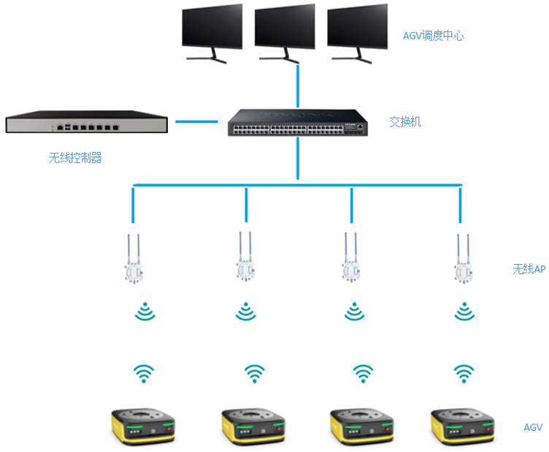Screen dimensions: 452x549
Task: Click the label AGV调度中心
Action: point(433,35)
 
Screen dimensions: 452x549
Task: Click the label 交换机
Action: point(405,121)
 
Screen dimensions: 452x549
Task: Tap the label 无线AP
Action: point(529,269)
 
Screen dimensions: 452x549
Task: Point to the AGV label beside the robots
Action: point(533,427)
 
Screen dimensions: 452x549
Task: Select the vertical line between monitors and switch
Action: point(297,85)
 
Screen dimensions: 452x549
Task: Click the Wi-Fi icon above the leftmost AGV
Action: point(145,374)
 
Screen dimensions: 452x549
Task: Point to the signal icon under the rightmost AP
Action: point(464,312)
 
